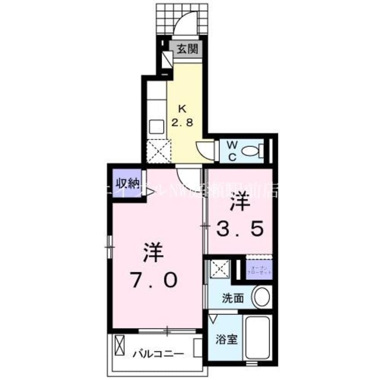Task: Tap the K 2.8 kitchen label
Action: point(184,116)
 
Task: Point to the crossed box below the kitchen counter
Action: point(159,151)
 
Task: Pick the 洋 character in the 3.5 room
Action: point(240,203)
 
